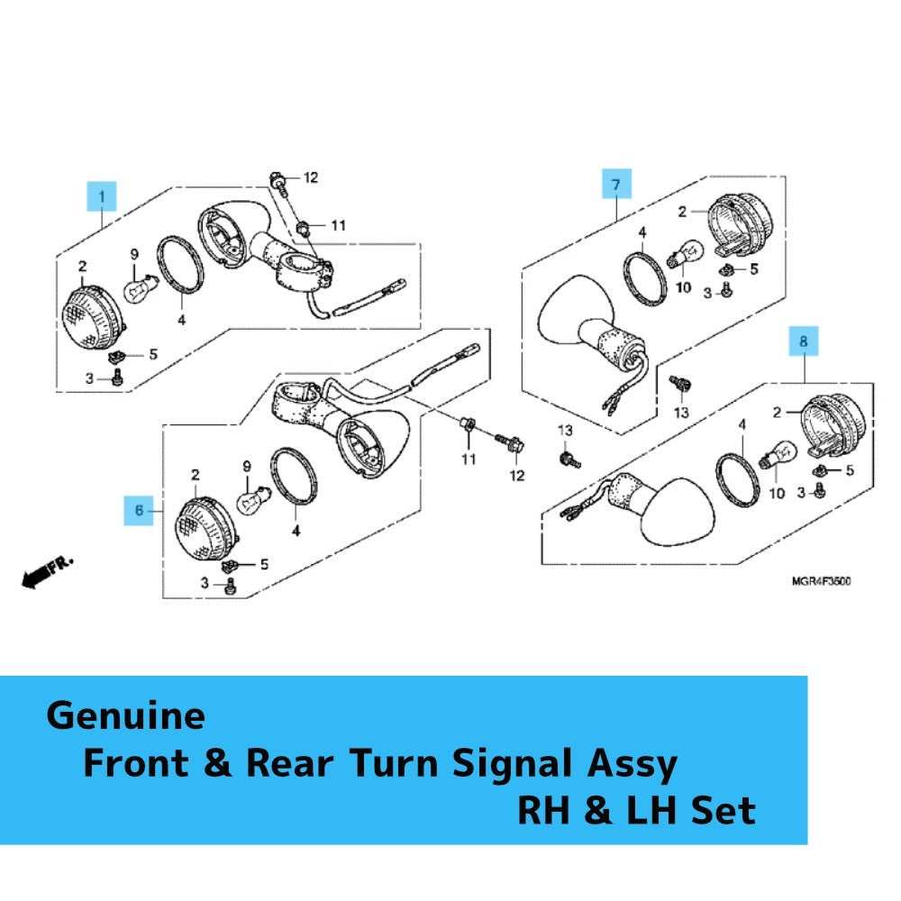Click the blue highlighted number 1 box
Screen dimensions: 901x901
[x=102, y=196]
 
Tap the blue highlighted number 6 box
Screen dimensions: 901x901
[x=139, y=510]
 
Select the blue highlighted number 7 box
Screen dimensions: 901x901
[x=616, y=184]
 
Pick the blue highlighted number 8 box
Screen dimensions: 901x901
[x=804, y=341]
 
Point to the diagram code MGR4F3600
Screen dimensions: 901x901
[x=821, y=581]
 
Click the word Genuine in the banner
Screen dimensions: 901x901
[x=125, y=716]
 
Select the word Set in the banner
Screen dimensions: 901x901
[x=723, y=810]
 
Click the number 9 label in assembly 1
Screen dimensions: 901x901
[x=134, y=254]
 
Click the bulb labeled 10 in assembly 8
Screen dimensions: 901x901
[x=778, y=454]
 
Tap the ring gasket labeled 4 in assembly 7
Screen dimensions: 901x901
[x=645, y=278]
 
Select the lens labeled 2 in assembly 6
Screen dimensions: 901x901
[x=206, y=528]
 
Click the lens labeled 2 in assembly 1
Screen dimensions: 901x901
[x=93, y=317]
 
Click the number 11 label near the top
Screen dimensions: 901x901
[x=339, y=225]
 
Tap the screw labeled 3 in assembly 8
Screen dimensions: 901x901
[x=821, y=490]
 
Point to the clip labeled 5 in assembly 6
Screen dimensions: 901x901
[x=230, y=566]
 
